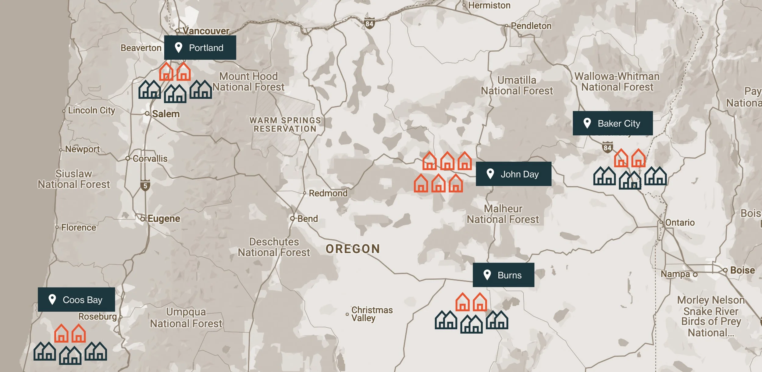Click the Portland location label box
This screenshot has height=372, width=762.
[x=200, y=48]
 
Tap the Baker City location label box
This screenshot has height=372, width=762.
[x=612, y=123]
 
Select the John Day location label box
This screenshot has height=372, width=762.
[x=513, y=174]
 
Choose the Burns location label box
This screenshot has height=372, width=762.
[x=503, y=275]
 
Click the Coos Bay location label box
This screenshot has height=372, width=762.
[x=76, y=299]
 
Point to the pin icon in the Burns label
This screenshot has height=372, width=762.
[x=487, y=275]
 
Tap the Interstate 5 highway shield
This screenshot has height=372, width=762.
[x=145, y=186]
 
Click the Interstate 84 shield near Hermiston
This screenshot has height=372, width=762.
[x=369, y=23]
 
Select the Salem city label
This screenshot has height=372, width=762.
[x=166, y=114]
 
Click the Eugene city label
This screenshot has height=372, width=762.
[x=164, y=219]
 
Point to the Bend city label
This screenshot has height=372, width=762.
[x=307, y=219]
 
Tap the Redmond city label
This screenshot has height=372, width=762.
[x=328, y=193]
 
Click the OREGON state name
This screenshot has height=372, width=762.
[x=353, y=249]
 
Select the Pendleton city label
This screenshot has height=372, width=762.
[x=531, y=26]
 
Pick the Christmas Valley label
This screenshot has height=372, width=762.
[x=372, y=314]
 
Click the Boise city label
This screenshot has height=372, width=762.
[x=742, y=270]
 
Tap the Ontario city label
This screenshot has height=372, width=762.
[x=679, y=223]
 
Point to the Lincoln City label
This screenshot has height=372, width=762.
[x=91, y=110]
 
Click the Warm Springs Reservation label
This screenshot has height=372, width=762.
[x=285, y=125]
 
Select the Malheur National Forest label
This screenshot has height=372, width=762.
[x=503, y=214]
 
